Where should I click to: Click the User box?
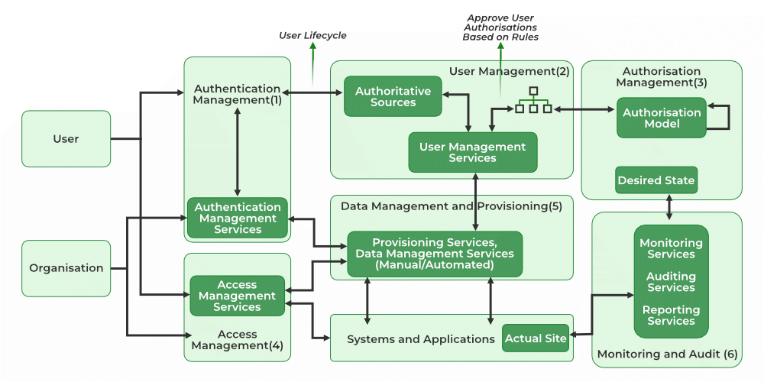[66, 139]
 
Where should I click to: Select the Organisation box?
[66, 268]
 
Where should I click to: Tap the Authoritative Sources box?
[393, 96]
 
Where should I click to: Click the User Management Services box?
[472, 152]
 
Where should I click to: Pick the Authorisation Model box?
[661, 118]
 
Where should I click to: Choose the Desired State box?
[656, 181]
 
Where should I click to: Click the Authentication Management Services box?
[238, 218]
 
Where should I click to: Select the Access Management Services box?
[237, 296]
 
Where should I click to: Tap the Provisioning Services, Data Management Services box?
[435, 254]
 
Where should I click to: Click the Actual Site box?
[536, 338]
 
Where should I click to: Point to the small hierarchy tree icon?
[533, 101]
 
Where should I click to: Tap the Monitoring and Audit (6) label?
[667, 354]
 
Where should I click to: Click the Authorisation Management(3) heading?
[662, 76]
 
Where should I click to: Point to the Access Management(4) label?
[237, 340]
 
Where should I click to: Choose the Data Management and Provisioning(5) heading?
[451, 206]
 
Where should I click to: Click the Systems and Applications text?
[421, 338]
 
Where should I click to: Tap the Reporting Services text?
[671, 316]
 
